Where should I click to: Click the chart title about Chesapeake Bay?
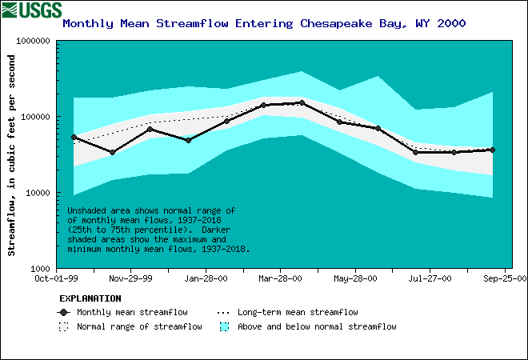[264, 23]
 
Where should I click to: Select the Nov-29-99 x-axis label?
[131, 279]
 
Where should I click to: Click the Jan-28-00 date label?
[206, 279]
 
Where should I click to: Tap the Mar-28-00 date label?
[280, 279]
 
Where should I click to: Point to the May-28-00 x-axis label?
[354, 279]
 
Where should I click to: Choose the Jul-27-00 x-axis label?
[430, 279]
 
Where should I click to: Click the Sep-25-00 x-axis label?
[504, 279]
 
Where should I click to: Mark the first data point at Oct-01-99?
[74, 138]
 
